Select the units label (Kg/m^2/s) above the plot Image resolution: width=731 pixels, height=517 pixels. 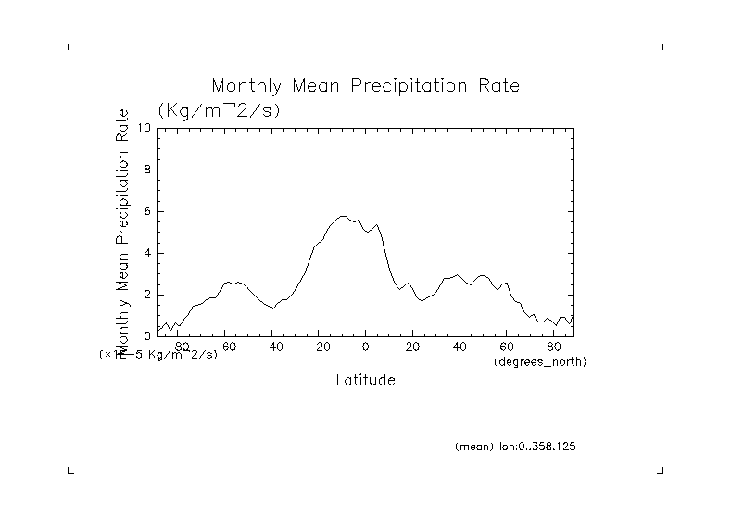(x=219, y=110)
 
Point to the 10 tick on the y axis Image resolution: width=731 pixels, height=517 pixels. (x=145, y=128)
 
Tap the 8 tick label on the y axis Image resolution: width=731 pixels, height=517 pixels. (x=147, y=170)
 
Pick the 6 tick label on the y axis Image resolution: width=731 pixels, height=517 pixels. (x=147, y=211)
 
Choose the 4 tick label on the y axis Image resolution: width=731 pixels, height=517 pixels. (x=147, y=253)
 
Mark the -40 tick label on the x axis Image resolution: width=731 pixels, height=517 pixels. (x=271, y=347)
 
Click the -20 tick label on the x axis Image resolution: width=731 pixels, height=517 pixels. (x=318, y=347)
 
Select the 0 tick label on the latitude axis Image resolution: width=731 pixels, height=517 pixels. (x=366, y=347)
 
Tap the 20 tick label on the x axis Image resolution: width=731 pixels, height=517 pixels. (x=412, y=347)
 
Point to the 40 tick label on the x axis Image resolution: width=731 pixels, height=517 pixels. (x=460, y=347)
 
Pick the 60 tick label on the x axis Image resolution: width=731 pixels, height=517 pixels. (x=507, y=347)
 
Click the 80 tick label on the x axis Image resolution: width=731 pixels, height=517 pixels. (x=554, y=347)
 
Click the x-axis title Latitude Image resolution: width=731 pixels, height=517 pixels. (x=365, y=380)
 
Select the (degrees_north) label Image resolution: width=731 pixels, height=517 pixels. (x=541, y=361)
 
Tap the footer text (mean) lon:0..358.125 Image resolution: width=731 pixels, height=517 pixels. (x=516, y=447)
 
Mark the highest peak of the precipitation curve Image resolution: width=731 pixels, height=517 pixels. (x=343, y=216)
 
